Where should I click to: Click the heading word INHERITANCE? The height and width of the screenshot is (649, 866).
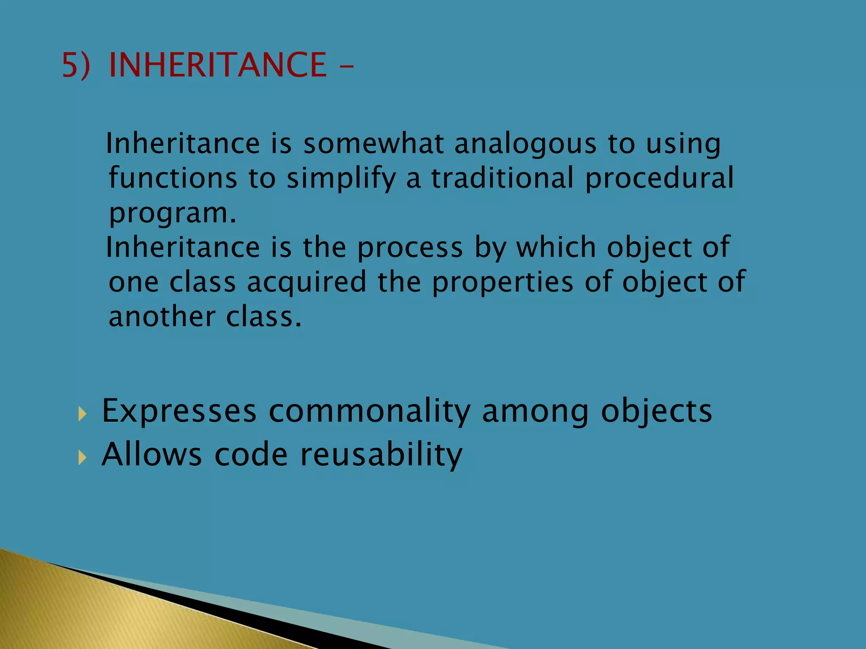point(218,65)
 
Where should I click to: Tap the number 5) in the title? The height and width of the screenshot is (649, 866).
point(76,65)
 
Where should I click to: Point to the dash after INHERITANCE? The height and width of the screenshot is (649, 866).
point(346,67)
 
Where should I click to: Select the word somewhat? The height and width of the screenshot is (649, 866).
point(373,144)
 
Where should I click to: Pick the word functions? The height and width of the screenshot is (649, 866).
point(173,178)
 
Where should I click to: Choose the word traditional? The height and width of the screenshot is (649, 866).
point(502,178)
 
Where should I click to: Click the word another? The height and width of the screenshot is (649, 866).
point(162,317)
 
